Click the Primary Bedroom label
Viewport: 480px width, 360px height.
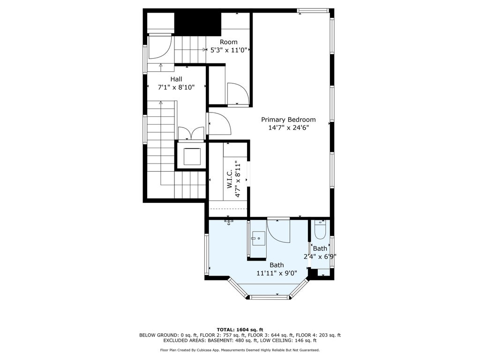point(288,120)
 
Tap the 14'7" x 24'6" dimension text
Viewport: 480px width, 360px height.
point(288,127)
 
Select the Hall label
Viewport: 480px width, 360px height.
point(176,79)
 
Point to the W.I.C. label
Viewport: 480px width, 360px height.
point(230,181)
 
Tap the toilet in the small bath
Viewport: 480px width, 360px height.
point(320,230)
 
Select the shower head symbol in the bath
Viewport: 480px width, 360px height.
point(229,221)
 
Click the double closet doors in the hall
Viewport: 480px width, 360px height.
point(191,133)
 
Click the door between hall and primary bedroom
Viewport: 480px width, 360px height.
point(219,123)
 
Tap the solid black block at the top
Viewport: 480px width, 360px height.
point(198,24)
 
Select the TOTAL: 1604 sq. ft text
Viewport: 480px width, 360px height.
point(240,330)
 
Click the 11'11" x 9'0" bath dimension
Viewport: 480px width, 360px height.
point(277,273)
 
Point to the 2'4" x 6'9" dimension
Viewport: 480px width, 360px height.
point(320,256)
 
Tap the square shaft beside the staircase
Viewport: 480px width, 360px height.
point(192,156)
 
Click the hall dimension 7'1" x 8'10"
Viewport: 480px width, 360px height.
point(176,88)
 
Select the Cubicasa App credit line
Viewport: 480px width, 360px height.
point(240,350)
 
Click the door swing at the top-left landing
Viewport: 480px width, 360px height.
point(160,47)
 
